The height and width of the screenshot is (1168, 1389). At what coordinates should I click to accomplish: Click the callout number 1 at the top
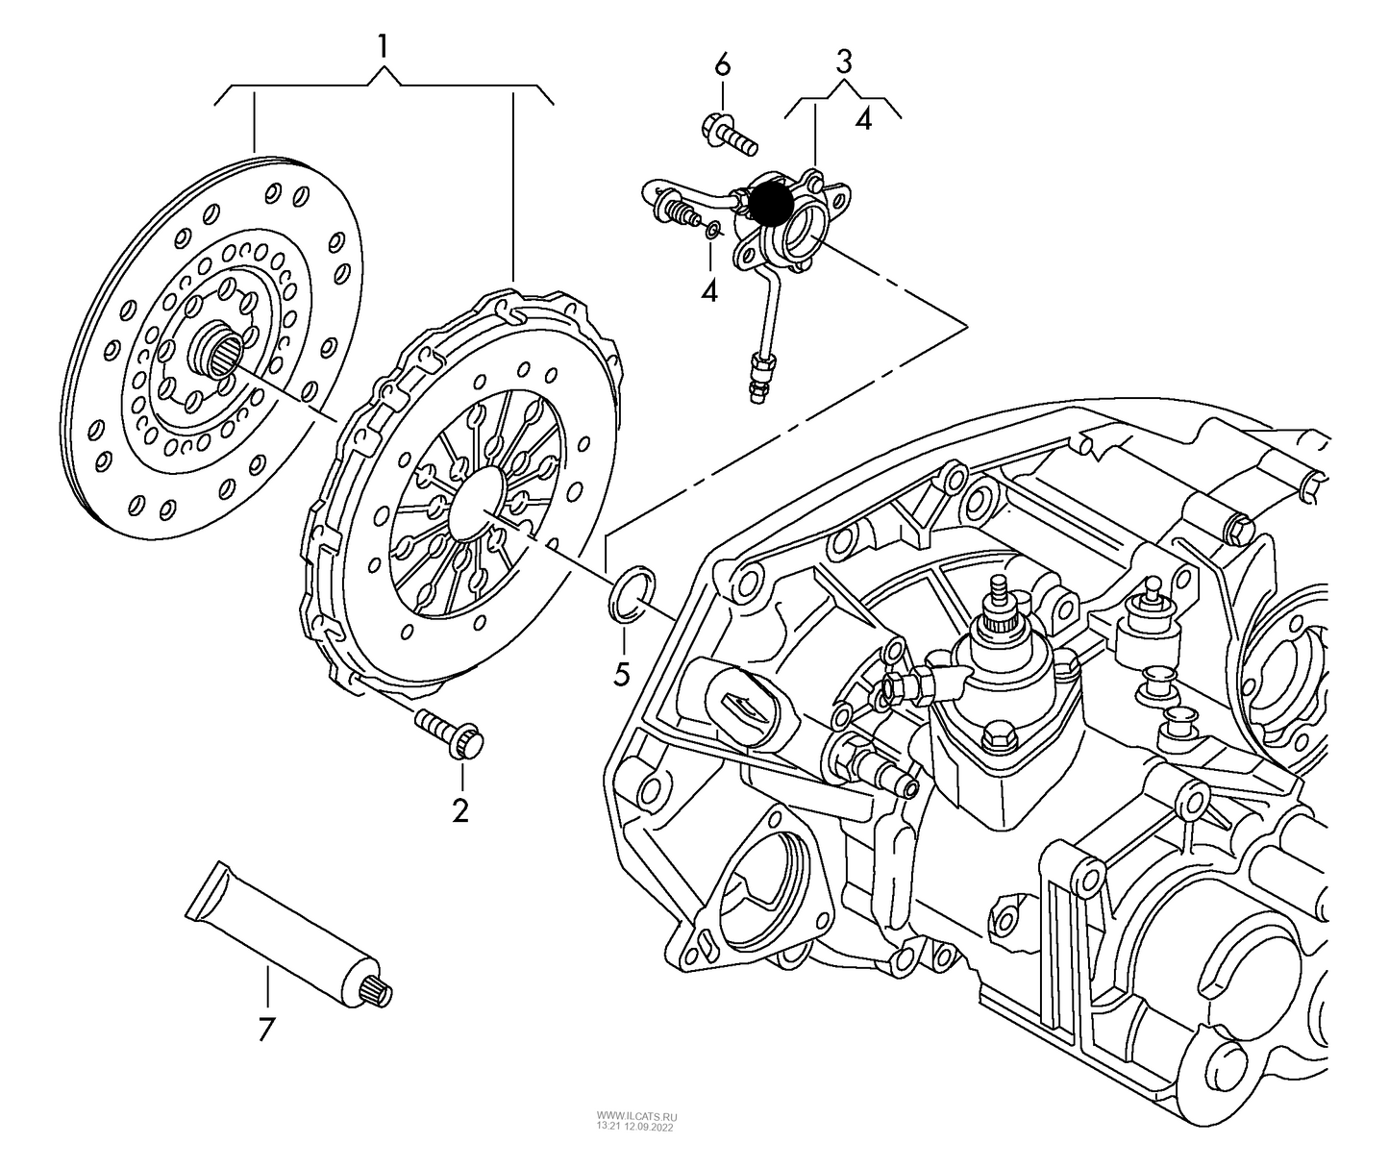(x=383, y=46)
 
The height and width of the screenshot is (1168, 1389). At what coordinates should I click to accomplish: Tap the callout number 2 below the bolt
(x=460, y=810)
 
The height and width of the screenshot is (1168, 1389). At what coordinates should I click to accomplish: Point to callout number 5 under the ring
(x=622, y=674)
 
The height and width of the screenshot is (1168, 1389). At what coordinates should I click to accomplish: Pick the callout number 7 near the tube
(x=266, y=1029)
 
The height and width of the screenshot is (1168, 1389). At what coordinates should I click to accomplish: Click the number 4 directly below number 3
(x=863, y=120)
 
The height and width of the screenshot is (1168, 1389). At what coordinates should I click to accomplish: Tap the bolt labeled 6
(x=729, y=136)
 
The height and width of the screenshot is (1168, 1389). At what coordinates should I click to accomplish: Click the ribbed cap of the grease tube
(x=379, y=992)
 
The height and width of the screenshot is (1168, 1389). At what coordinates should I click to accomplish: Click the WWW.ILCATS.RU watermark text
(x=636, y=1117)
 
